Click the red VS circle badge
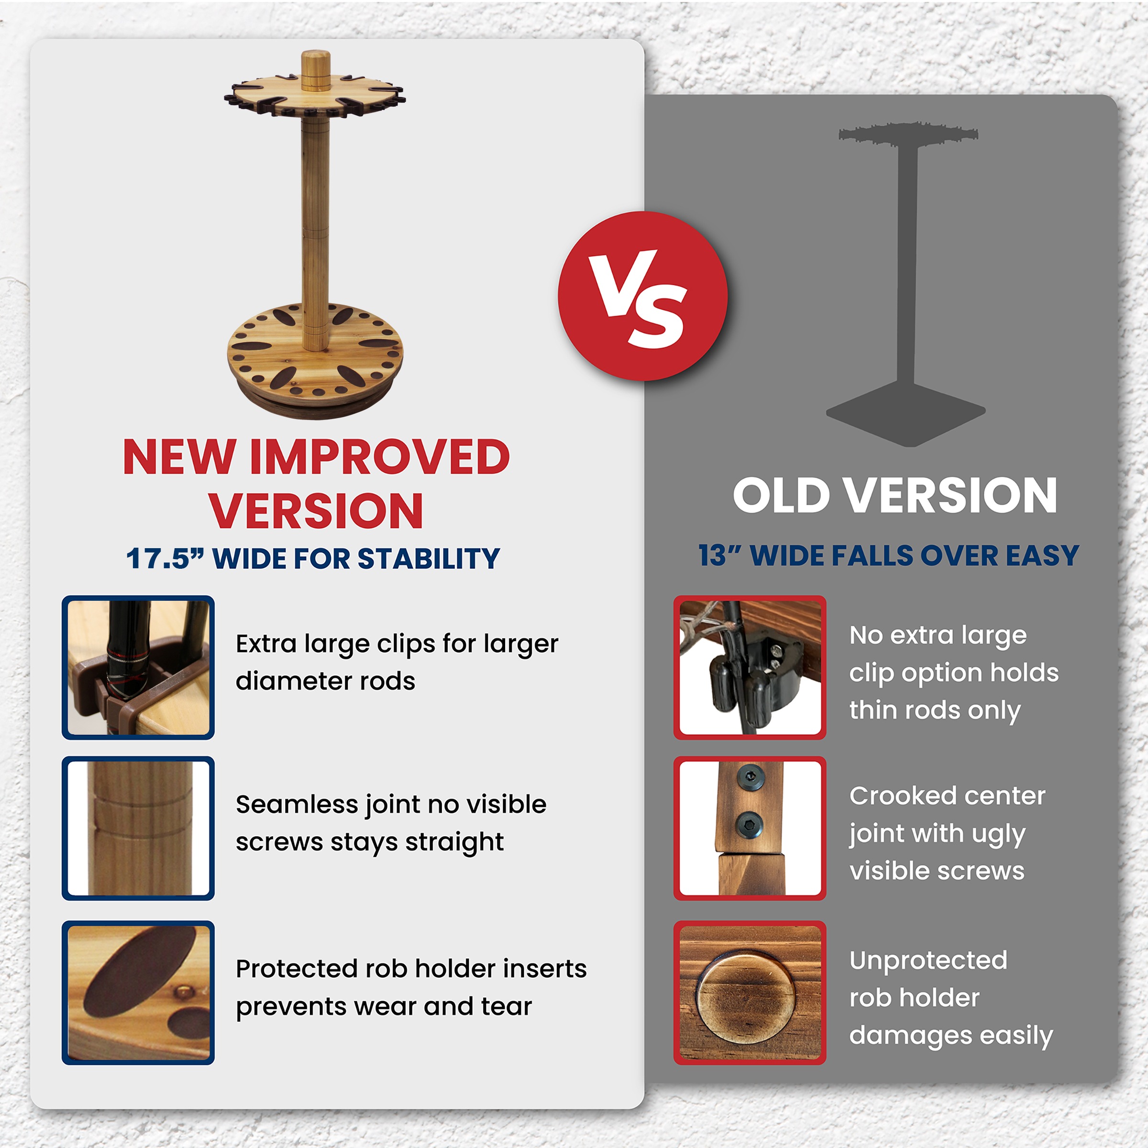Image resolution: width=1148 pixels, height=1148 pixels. (x=642, y=296)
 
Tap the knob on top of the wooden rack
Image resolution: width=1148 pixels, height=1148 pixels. (x=316, y=71)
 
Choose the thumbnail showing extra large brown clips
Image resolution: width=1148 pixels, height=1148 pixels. (x=138, y=667)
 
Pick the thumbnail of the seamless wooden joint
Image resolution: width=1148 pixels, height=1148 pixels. (x=138, y=828)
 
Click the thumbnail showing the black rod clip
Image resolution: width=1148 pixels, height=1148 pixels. (x=750, y=667)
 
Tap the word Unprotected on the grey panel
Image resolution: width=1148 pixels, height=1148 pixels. (x=928, y=961)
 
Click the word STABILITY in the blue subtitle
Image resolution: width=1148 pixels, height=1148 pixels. (x=429, y=559)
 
